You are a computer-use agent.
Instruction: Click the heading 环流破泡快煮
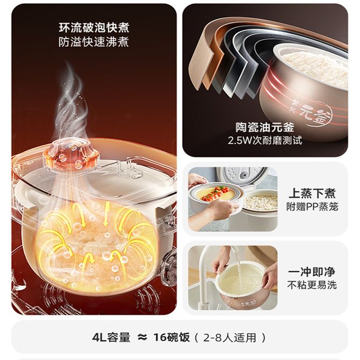pyautogui.click(x=94, y=28)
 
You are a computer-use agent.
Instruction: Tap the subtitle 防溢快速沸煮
pyautogui.click(x=93, y=42)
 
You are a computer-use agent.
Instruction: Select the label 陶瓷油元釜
pyautogui.click(x=265, y=127)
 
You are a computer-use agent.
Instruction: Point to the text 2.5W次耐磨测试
pyautogui.click(x=265, y=140)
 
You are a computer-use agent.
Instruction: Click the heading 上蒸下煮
pyautogui.click(x=312, y=193)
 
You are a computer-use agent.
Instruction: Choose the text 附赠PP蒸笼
pyautogui.click(x=312, y=207)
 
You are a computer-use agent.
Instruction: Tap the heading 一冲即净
pyautogui.click(x=312, y=272)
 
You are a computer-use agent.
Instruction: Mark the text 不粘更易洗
pyautogui.click(x=312, y=285)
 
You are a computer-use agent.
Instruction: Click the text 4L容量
pyautogui.click(x=111, y=337)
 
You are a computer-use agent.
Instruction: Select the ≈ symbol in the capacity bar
pyautogui.click(x=142, y=337)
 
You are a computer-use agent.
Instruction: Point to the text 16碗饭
pyautogui.click(x=172, y=337)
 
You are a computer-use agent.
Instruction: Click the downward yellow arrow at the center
pyautogui.click(x=106, y=213)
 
